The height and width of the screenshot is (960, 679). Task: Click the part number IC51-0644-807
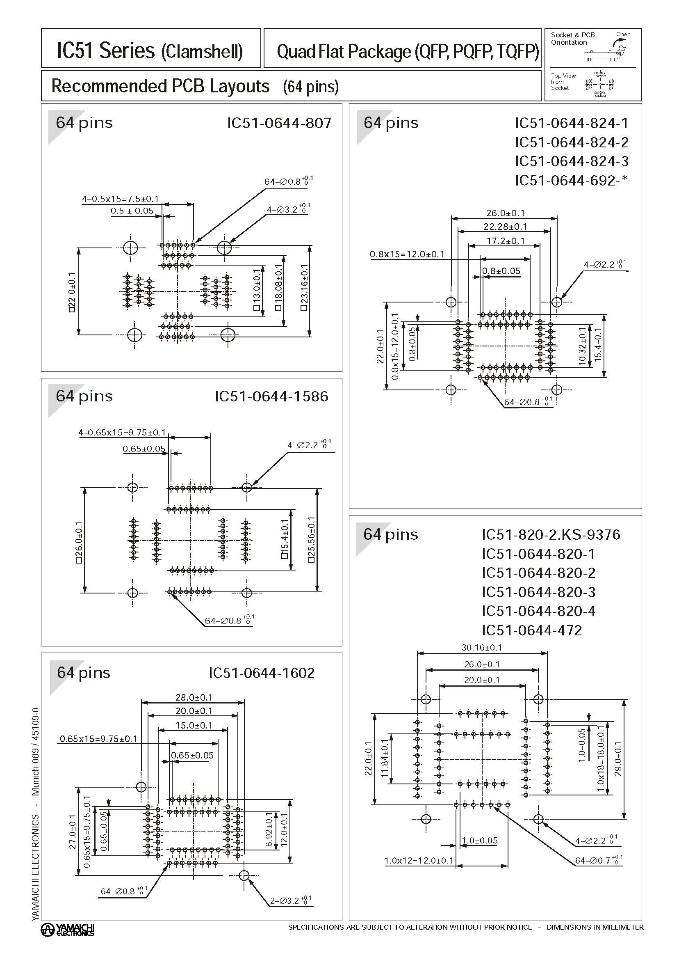[x=279, y=123]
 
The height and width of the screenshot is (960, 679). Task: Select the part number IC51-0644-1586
[x=271, y=396]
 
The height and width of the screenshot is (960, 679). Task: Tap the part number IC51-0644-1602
[x=261, y=673]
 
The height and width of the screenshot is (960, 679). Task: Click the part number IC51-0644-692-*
[x=571, y=180]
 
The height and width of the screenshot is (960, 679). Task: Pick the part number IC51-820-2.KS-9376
[x=551, y=534]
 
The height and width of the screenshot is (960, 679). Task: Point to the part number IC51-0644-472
[x=531, y=630]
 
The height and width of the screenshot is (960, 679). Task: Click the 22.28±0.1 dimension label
[x=505, y=227]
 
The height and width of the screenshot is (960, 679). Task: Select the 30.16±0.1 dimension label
[x=482, y=647]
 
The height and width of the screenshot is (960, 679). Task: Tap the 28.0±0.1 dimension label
[x=194, y=697]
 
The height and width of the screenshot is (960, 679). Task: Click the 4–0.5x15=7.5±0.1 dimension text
[x=120, y=199]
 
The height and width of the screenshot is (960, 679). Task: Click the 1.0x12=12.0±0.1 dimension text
[x=419, y=861]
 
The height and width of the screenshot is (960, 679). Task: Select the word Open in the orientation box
[x=623, y=34]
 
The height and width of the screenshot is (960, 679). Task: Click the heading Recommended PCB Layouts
[x=160, y=86]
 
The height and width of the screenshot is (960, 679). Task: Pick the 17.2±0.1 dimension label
[x=505, y=241]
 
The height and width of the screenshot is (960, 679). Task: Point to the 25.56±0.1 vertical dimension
[x=312, y=539]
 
